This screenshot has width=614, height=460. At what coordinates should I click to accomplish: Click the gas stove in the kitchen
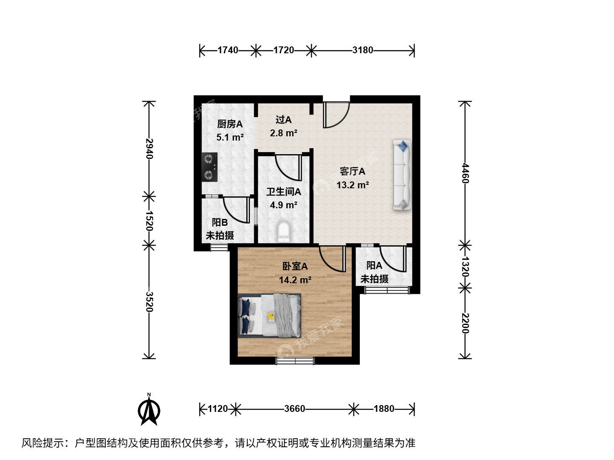click(x=209, y=167)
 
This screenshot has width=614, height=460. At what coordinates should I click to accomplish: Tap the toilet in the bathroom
click(x=284, y=232)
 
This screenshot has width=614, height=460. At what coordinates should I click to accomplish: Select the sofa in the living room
click(x=402, y=175)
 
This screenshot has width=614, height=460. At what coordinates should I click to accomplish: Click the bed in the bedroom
click(x=269, y=316)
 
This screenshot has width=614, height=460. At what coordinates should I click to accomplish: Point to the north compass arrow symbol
click(x=149, y=411)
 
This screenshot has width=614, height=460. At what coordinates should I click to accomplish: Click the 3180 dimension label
click(x=362, y=50)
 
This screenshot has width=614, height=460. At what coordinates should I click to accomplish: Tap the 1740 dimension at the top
click(x=228, y=50)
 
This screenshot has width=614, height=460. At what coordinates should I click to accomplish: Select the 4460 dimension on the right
click(x=465, y=173)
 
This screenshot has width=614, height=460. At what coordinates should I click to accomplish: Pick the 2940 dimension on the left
click(x=149, y=149)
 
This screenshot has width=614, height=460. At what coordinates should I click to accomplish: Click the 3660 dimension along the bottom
click(x=295, y=409)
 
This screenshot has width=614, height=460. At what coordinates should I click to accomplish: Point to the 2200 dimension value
click(x=465, y=323)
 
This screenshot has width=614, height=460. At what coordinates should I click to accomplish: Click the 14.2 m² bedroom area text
click(x=295, y=280)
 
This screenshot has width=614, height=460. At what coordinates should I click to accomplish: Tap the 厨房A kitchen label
click(x=230, y=124)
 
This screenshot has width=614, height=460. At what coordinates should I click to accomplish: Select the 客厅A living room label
click(x=353, y=171)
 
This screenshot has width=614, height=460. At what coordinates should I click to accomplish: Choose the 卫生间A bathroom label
click(x=284, y=192)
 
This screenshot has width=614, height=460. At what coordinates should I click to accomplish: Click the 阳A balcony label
click(x=374, y=266)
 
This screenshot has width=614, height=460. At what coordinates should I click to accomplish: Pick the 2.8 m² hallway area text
click(x=284, y=133)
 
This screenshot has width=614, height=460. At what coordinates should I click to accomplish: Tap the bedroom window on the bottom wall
click(x=295, y=361)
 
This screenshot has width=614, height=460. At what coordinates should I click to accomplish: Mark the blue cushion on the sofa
click(x=403, y=146)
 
